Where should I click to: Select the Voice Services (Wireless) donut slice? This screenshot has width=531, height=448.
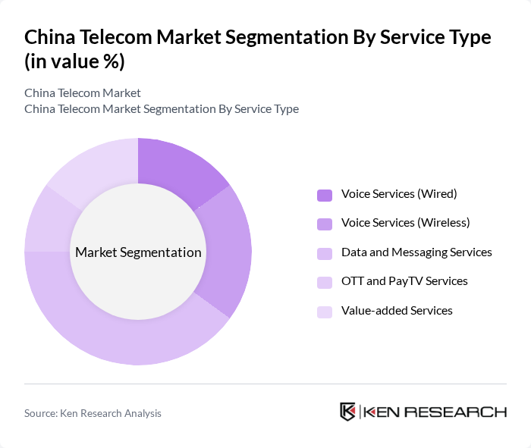coord(228,250)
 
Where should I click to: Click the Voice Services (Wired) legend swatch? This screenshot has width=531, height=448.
coord(325,195)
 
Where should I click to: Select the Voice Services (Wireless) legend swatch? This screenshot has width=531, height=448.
coord(325,224)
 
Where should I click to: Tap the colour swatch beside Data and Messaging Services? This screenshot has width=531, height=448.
coord(325,252)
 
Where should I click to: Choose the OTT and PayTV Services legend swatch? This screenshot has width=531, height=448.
coord(325,282)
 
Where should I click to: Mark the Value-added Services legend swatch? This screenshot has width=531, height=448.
coord(325,311)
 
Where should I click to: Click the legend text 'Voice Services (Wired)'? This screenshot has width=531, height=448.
coord(399,194)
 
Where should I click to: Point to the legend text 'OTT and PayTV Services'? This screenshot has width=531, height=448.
coord(404,281)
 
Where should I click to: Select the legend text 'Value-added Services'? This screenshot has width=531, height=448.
coord(397,311)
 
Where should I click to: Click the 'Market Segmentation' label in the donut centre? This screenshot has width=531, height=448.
coord(138,252)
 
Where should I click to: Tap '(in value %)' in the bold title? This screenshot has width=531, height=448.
coord(74,61)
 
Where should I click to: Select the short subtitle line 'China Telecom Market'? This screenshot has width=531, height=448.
coord(83,93)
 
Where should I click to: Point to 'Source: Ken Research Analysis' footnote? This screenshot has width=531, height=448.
coord(93,413)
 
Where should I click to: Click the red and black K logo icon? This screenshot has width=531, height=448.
coord(348,412)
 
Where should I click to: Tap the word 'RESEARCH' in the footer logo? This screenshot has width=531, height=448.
coord(463,412)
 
